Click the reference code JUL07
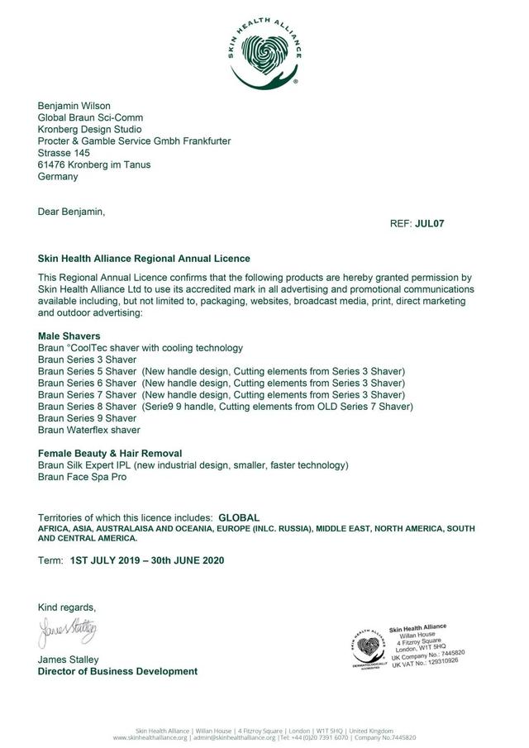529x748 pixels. tap(430, 223)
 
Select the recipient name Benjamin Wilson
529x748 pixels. tap(74, 106)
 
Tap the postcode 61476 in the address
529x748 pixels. tap(53, 164)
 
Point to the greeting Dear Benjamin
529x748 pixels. tap(72, 212)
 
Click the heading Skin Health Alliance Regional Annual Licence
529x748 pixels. tap(144, 259)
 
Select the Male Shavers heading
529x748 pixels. tap(69, 336)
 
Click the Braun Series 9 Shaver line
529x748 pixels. tap(87, 418)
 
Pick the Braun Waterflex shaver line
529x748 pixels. tap(89, 430)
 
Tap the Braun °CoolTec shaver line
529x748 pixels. tap(141, 348)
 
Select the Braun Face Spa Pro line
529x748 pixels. tap(83, 477)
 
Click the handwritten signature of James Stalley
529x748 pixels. tap(68, 633)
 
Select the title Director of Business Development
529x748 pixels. tap(117, 671)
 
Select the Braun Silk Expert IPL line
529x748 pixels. tap(193, 465)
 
